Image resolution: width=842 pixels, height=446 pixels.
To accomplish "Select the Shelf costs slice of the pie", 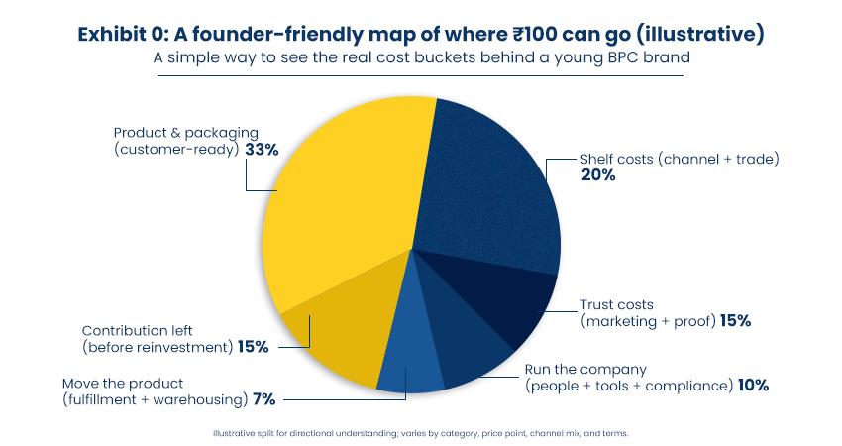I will (x=485, y=188).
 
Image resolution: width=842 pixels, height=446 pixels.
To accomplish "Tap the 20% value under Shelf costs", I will (x=597, y=175).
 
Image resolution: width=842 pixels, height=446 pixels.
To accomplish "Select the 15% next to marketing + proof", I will (x=735, y=320).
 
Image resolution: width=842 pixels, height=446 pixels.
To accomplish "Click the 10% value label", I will (x=753, y=386).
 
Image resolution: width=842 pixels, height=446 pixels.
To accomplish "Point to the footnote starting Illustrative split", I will (x=420, y=433).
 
